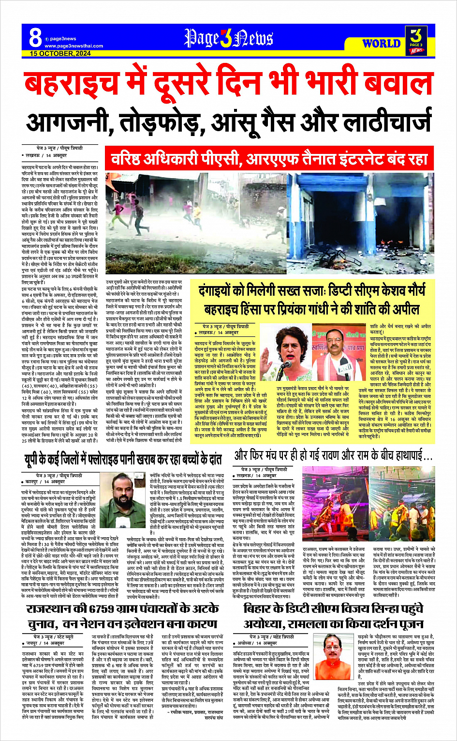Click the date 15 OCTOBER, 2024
click(60, 54)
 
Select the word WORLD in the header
click(382, 44)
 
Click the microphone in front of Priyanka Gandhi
click(286, 361)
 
